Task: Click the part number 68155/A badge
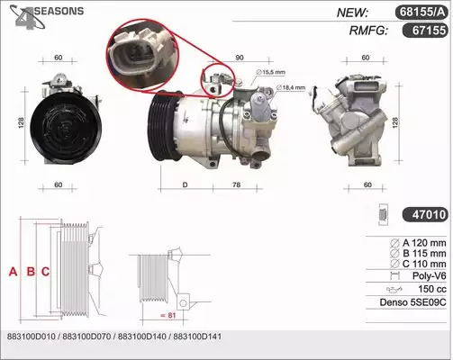click(421, 13)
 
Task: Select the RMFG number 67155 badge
click(425, 30)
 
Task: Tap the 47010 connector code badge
click(425, 215)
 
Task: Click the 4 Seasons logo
click(47, 16)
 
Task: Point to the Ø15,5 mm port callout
click(270, 72)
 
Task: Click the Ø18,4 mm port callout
click(290, 87)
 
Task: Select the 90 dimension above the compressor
click(240, 58)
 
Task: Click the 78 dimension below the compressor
click(237, 184)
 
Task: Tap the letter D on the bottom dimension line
click(185, 184)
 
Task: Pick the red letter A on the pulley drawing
click(13, 272)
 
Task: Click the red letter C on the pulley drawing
click(45, 272)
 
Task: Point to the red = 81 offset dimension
click(168, 315)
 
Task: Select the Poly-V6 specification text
click(429, 275)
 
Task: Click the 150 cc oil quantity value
click(432, 289)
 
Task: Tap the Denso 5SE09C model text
click(412, 302)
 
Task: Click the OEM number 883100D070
click(86, 337)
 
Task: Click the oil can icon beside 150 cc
click(394, 290)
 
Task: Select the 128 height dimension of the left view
click(21, 122)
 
